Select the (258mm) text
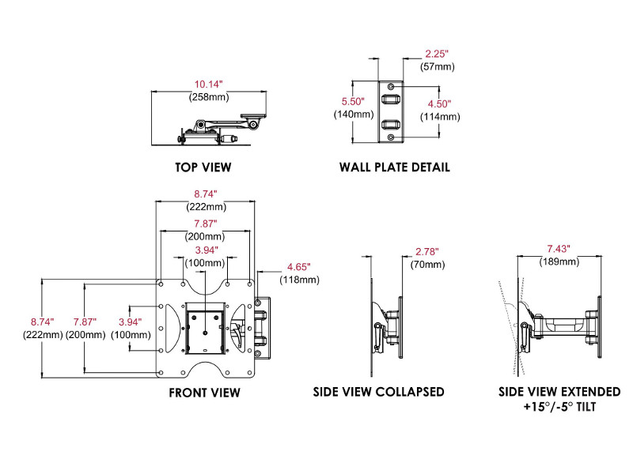pos(208,98)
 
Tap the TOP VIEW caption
pos(203,167)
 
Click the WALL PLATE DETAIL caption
pos(394,167)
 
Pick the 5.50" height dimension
pos(352,102)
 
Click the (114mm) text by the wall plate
pos(440,117)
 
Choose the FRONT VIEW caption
pos(204,393)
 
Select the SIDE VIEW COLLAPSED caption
pos(379,393)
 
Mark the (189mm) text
pos(557,261)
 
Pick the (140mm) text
pos(352,115)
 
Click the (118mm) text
pos(301,280)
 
